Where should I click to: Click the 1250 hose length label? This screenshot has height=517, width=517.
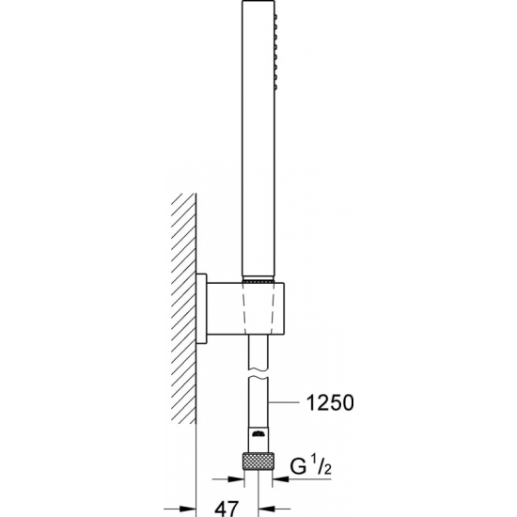(330, 402)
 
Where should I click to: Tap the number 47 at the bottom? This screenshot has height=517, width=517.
(227, 509)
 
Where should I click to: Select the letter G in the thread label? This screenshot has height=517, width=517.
(299, 466)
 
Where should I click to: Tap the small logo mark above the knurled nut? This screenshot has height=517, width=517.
(258, 434)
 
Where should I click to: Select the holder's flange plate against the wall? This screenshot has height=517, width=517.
(201, 308)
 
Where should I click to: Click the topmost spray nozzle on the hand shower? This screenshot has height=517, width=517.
(276, 16)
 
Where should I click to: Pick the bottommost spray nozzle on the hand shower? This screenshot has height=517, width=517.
(276, 87)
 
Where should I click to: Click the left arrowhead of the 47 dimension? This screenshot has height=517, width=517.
(188, 509)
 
